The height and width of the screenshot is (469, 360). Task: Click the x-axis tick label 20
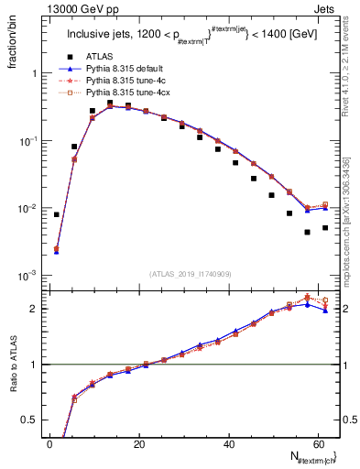click(x=138, y=444)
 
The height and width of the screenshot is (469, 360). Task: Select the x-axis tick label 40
click(x=228, y=444)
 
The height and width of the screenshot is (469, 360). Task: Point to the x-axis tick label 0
click(x=49, y=444)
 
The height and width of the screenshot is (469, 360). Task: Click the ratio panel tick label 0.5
click(x=34, y=420)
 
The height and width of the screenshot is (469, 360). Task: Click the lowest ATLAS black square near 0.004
click(x=308, y=233)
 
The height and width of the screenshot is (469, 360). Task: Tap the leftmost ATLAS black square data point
click(x=57, y=214)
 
